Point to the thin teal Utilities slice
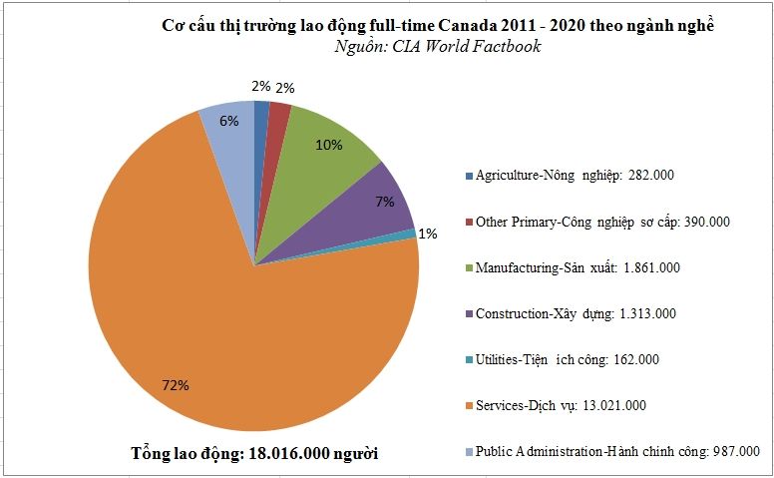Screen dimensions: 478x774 [410, 235]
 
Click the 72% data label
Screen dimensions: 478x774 [177, 385]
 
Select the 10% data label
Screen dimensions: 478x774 [328, 145]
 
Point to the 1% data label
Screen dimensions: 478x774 [427, 234]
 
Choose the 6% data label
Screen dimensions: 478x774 [228, 121]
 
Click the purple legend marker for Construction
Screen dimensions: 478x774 [469, 313]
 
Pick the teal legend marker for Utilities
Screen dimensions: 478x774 [469, 359]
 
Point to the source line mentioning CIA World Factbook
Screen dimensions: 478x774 [438, 47]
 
